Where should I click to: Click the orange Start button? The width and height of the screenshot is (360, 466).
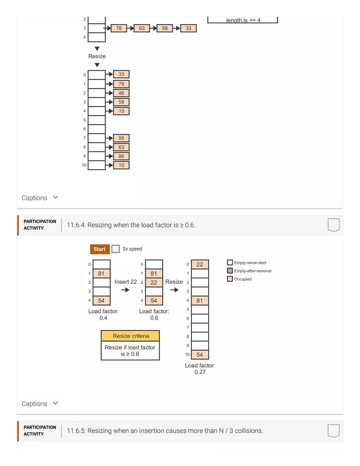pos(100,249)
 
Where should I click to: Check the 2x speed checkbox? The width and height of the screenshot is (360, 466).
pos(116,249)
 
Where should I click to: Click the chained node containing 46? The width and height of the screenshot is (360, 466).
pos(121,93)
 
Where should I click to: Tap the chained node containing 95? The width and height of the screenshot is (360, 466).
pos(121,138)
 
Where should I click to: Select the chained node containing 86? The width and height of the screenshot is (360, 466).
pos(121,156)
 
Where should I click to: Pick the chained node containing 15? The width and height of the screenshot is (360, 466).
pos(121,111)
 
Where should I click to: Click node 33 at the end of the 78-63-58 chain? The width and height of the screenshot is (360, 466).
pos(188,28)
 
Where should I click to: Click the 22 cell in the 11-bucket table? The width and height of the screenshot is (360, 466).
pos(200,265)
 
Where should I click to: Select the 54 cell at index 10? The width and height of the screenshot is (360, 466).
pos(200,355)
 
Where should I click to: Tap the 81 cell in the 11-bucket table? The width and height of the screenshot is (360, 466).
pos(200,301)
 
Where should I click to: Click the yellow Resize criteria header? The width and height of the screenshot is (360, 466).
pos(130,336)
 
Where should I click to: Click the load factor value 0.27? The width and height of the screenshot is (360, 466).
pos(200,372)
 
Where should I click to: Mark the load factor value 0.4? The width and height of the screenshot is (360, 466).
pos(103,318)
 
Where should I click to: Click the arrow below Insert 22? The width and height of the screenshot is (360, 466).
pos(126,290)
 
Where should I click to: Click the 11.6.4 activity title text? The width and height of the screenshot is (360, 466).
pos(131,225)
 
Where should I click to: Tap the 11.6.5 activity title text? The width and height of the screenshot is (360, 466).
pos(164,431)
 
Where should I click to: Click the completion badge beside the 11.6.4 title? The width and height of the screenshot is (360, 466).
pos(333,225)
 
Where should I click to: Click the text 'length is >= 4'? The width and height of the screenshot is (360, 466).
pos(243,20)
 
